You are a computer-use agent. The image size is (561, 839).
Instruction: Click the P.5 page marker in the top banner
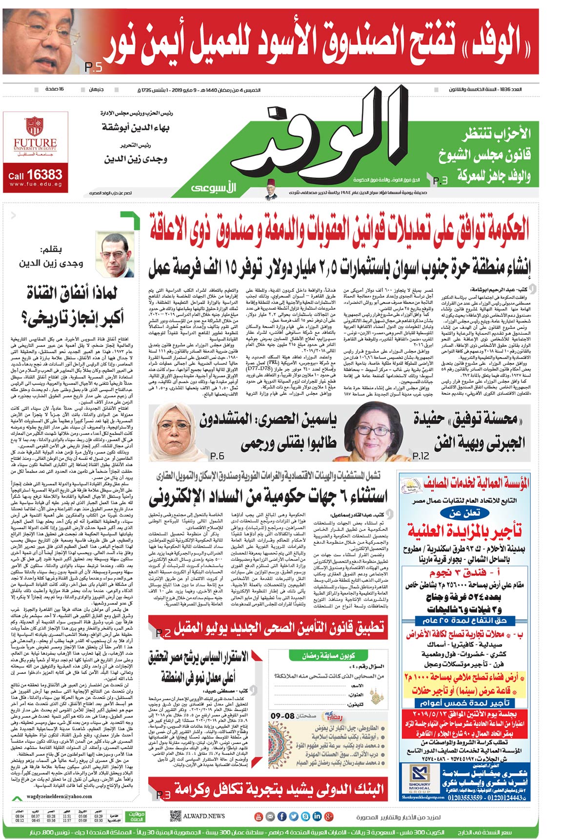93,67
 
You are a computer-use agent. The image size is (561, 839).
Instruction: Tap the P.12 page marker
421,456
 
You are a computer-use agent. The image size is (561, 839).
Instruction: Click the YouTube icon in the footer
259,816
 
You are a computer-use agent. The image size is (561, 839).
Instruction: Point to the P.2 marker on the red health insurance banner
163,633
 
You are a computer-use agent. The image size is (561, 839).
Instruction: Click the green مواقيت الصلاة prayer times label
136,816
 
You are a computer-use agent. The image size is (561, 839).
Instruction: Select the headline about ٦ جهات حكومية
268,496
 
